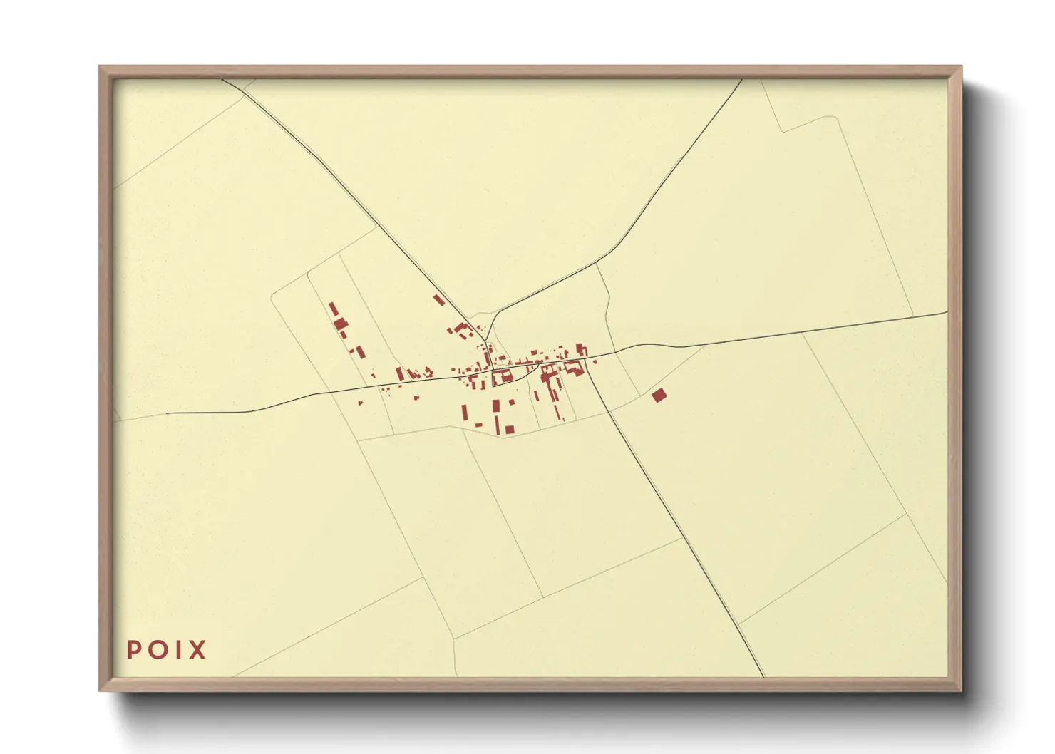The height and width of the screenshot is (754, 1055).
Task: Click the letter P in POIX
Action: pyautogui.click(x=133, y=649)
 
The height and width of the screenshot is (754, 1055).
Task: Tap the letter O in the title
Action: pyautogui.click(x=155, y=649)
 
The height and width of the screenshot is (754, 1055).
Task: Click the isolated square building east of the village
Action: pyautogui.click(x=659, y=395)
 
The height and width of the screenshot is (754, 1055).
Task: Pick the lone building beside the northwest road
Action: pyautogui.click(x=439, y=300)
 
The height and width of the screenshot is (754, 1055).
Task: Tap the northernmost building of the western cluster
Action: pyautogui.click(x=332, y=309)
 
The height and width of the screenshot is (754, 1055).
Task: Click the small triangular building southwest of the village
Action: pyautogui.click(x=360, y=404)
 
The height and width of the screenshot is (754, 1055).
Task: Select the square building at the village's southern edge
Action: pyautogui.click(x=510, y=429)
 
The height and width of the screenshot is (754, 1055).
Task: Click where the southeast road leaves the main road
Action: pyautogui.click(x=587, y=361)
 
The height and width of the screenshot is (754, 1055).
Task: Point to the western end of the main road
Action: pyautogui.click(x=167, y=413)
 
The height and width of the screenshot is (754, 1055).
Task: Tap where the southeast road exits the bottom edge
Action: pyautogui.click(x=763, y=676)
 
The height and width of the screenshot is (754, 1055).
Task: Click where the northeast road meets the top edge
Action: pyautogui.click(x=742, y=80)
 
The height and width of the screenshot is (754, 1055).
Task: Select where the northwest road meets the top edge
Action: pyautogui.click(x=222, y=80)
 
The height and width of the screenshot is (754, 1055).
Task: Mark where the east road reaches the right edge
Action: pyautogui.click(x=947, y=311)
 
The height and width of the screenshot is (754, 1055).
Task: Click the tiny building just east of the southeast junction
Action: pyautogui.click(x=595, y=363)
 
